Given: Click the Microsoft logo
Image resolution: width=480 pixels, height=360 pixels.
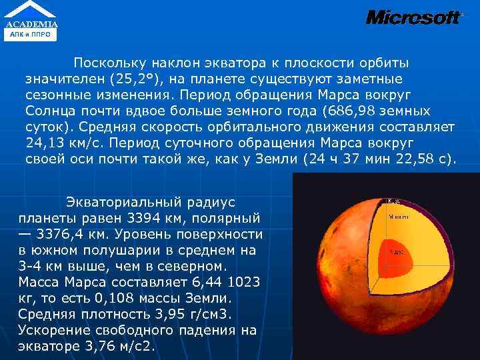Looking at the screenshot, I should [x=413, y=17].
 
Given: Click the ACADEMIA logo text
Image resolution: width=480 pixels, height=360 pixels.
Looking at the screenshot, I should [x=32, y=24].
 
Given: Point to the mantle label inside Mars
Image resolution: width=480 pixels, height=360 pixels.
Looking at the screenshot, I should [x=399, y=216].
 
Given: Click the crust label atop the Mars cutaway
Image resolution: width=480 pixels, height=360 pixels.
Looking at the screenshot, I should [x=393, y=200].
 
